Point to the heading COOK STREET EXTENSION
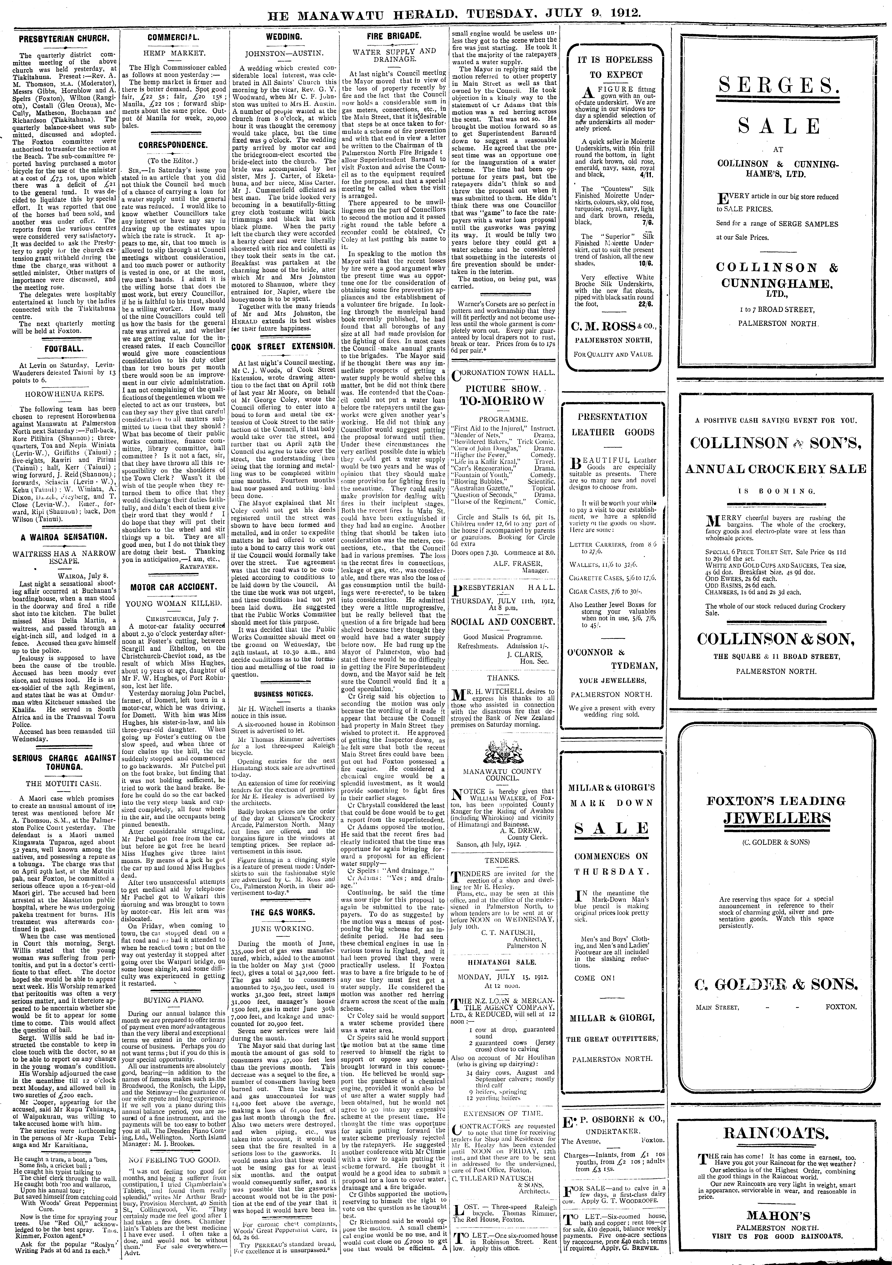pos(283,347)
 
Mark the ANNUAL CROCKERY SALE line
pos(776,469)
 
